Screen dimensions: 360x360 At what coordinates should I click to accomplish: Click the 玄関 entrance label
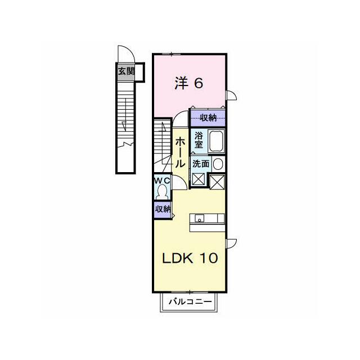click(126, 71)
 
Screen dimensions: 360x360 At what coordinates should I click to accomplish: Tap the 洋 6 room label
click(189, 83)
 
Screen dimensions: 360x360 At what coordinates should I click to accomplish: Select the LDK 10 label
click(190, 258)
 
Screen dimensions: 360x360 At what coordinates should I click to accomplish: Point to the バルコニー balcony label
click(190, 301)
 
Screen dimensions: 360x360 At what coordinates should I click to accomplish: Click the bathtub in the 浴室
click(216, 141)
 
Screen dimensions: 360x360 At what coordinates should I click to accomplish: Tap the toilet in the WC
click(163, 192)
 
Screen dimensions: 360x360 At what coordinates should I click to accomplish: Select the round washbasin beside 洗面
click(218, 164)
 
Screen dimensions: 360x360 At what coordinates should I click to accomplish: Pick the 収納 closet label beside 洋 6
click(208, 118)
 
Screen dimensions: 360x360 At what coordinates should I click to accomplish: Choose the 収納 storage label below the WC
click(163, 209)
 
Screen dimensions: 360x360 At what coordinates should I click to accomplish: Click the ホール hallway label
click(179, 152)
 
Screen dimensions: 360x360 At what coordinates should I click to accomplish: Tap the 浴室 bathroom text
click(199, 140)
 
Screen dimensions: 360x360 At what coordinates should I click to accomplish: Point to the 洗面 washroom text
click(201, 164)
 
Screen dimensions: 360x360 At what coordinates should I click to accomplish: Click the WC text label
click(163, 181)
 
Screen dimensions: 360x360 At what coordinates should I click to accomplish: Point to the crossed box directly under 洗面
click(199, 179)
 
